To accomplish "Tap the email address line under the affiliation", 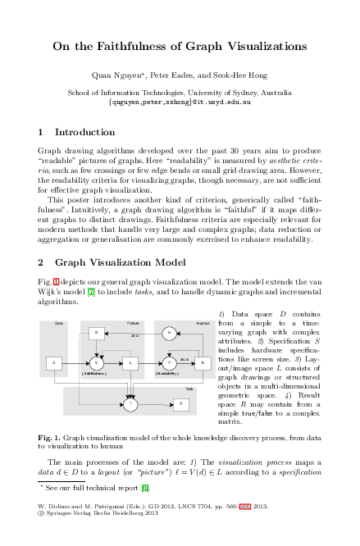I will pos(180,104).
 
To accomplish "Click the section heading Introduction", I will pos(84,131).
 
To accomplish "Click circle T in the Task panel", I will pos(130,403).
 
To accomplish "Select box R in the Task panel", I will pos(180,403).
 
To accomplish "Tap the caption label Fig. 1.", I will pos(50,439).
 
